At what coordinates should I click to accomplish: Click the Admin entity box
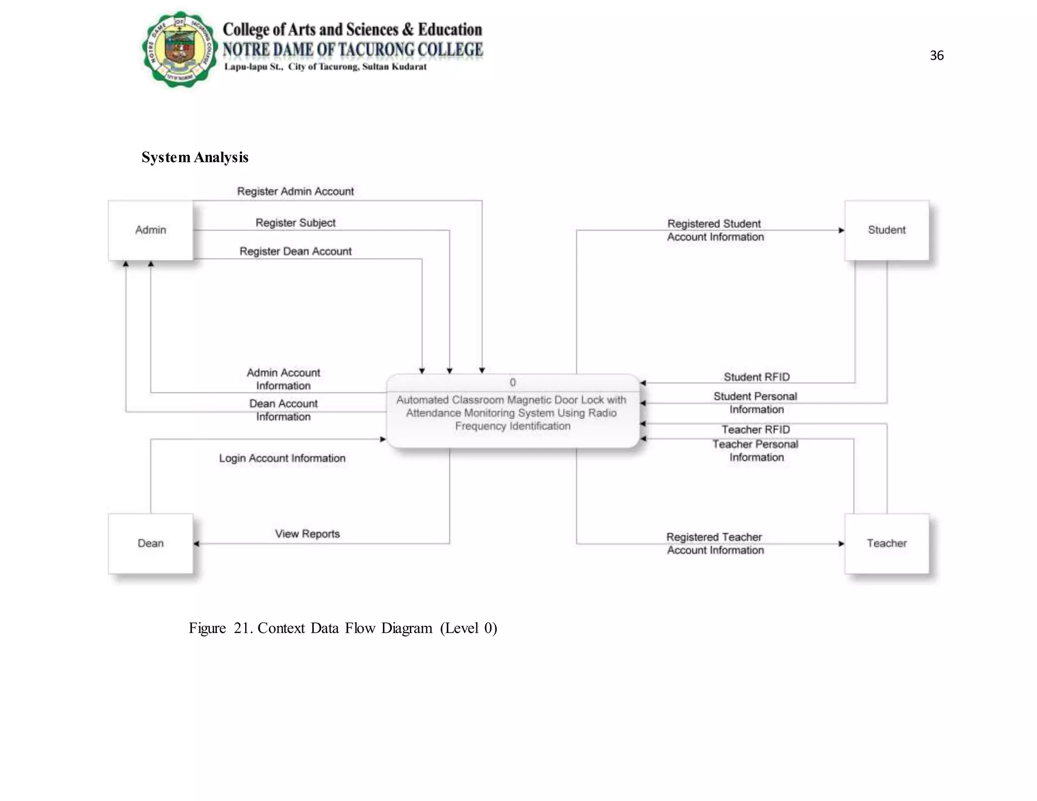pos(150,230)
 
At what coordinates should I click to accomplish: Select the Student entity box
pos(887,230)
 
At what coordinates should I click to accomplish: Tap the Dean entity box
pos(150,543)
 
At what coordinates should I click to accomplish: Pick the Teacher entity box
pos(887,543)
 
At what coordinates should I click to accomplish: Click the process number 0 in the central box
pos(512,382)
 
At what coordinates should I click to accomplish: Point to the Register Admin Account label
pos(295,191)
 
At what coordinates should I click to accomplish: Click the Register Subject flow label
pos(295,223)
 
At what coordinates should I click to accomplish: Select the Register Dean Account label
pos(295,251)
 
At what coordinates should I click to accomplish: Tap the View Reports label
pos(307,534)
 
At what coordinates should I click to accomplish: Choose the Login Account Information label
pos(282,458)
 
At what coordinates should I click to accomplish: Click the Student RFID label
pos(756,377)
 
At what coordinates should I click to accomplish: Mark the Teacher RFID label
pos(755,429)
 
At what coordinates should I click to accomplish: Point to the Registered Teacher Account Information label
pos(715,543)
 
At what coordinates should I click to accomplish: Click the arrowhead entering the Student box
pos(841,230)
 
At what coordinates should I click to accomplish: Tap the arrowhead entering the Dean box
pos(196,544)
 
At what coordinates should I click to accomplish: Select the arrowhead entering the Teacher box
pos(841,544)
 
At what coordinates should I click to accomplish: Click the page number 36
pos(937,55)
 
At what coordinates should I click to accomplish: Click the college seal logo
pos(180,49)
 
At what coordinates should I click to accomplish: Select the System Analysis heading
pos(195,157)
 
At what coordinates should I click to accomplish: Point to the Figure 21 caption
pos(343,628)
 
